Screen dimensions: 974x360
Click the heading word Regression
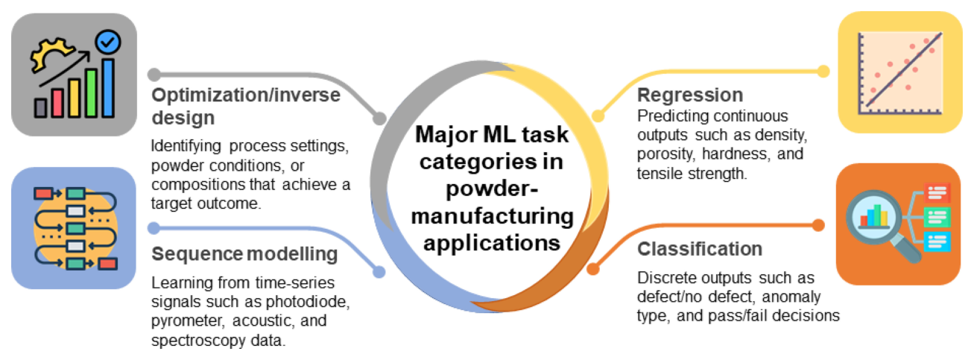[690, 95]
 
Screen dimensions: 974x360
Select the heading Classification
[700, 249]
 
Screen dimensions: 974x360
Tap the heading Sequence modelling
[244, 254]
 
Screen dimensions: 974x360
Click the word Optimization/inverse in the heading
[246, 95]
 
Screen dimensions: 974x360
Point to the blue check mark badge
[108, 42]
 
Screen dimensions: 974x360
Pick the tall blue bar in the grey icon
[108, 88]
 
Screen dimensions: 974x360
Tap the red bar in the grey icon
[57, 103]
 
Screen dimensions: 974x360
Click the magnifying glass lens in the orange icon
[873, 216]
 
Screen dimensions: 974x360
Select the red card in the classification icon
[937, 192]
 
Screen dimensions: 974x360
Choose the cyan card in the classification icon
[937, 241]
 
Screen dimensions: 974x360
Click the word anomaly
[791, 297]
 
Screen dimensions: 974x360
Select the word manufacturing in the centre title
[493, 216]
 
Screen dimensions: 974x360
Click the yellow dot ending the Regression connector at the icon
[823, 72]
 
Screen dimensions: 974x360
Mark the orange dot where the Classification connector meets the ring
[593, 269]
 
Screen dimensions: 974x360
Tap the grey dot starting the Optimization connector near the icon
[154, 75]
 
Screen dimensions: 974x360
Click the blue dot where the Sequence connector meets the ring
[379, 272]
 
